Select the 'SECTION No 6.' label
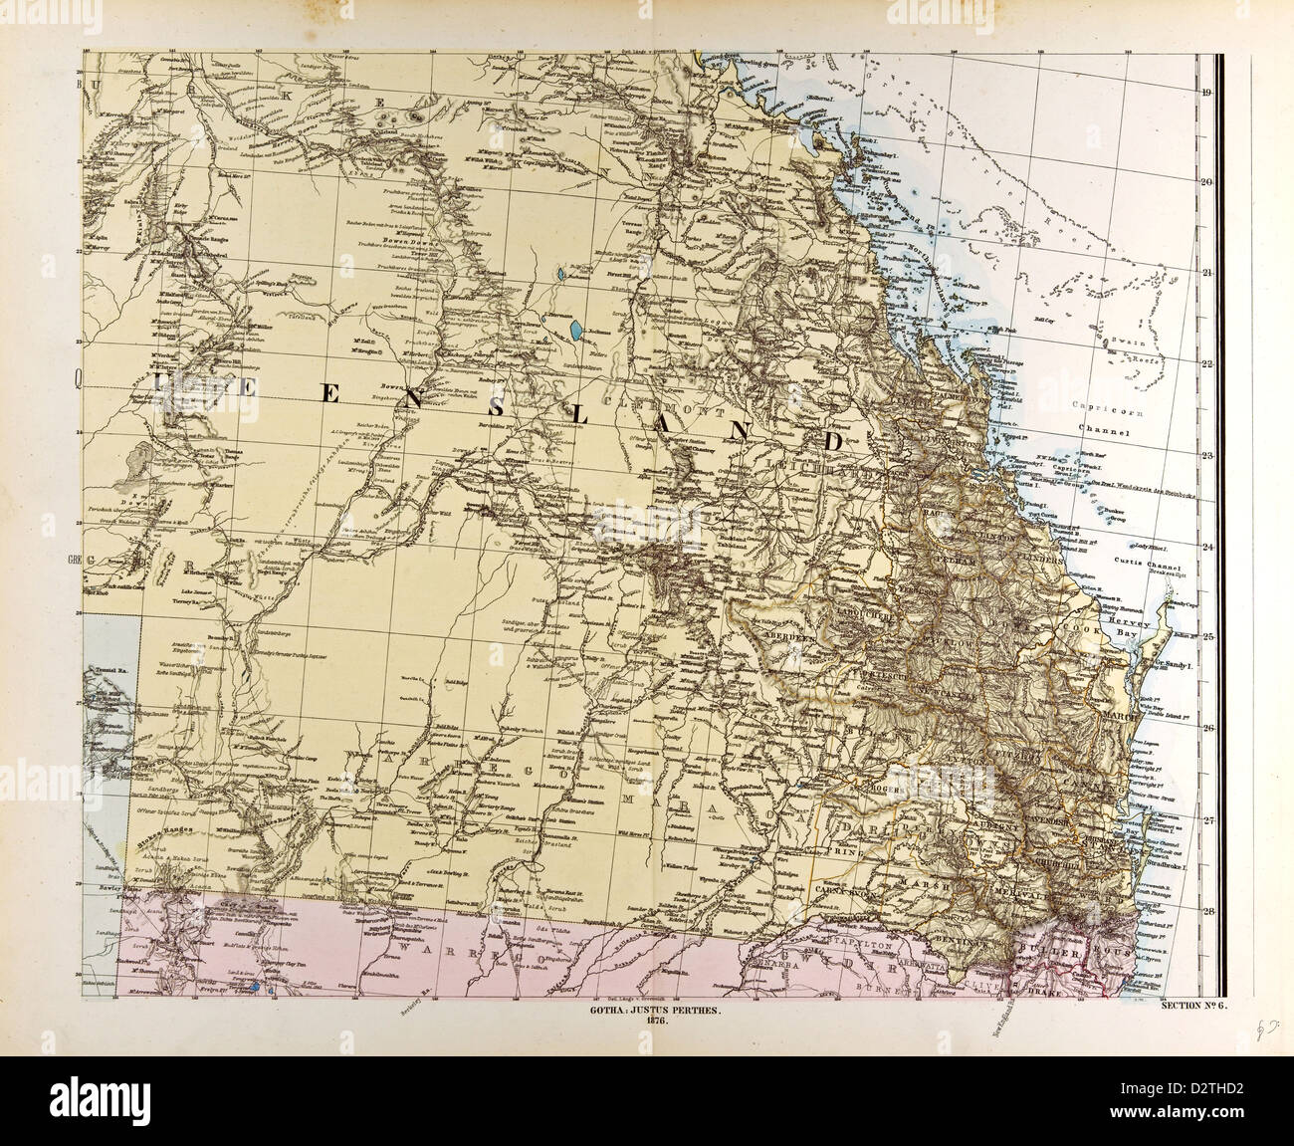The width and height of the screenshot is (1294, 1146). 1194,1007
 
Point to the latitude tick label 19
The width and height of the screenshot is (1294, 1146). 1205,95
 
